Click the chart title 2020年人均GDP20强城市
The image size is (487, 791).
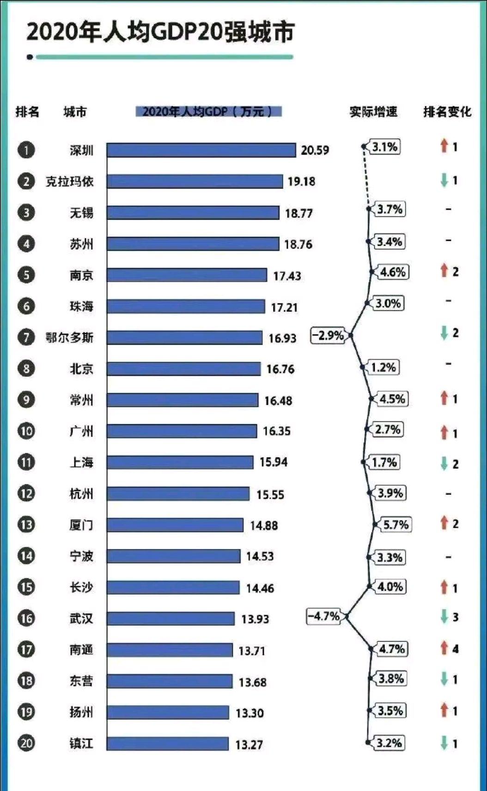click(x=160, y=32)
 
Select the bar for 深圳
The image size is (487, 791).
click(x=201, y=150)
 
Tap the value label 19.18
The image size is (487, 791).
click(x=301, y=181)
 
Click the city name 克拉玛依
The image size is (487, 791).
click(x=69, y=181)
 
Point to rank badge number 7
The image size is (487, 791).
click(x=26, y=337)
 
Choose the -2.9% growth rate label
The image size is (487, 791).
click(x=328, y=335)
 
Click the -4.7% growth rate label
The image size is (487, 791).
click(x=323, y=616)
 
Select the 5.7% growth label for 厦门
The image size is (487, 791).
click(x=396, y=525)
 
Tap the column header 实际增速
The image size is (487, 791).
click(x=373, y=111)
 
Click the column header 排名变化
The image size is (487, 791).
click(x=447, y=111)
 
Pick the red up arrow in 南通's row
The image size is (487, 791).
click(x=444, y=648)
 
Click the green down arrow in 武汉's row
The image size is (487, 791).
click(x=444, y=617)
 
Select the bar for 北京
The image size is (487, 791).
click(x=183, y=369)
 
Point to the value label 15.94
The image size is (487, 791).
click(x=273, y=462)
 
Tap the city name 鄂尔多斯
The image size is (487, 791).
click(x=69, y=337)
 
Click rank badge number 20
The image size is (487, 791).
click(x=26, y=743)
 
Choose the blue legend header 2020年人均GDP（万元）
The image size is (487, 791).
click(x=208, y=111)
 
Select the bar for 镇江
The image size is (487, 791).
click(x=167, y=744)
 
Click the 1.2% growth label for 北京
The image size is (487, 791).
click(x=383, y=368)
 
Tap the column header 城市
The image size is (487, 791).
click(x=75, y=111)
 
